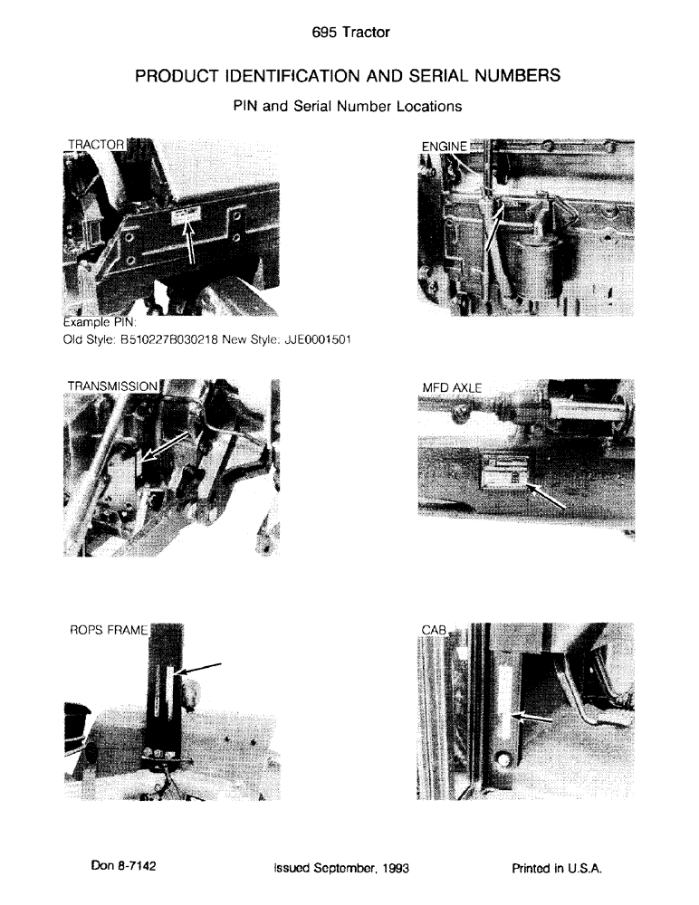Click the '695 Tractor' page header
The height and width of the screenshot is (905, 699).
tap(349, 33)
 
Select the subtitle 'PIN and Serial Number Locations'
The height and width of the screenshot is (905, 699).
tap(348, 106)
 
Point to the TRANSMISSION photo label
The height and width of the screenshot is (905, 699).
tap(112, 386)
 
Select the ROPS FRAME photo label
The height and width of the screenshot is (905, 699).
tap(109, 631)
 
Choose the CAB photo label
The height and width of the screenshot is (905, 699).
tap(436, 630)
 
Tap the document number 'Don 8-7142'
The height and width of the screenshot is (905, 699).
tap(124, 866)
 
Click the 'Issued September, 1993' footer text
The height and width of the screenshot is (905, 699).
tap(341, 868)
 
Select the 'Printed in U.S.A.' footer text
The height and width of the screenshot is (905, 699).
tap(557, 868)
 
